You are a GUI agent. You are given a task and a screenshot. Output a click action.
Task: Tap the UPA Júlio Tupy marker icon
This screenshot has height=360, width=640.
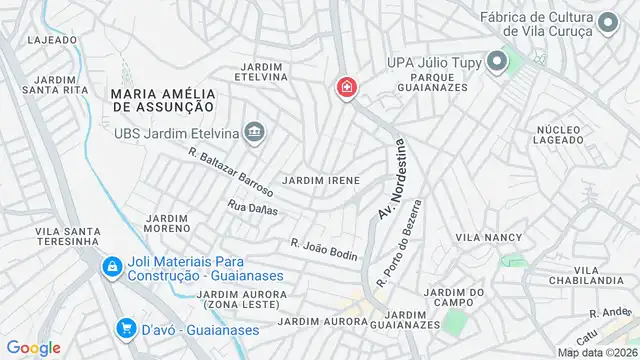pos(495,61)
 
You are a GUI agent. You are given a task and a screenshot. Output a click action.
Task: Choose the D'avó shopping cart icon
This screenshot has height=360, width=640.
pos(127,328)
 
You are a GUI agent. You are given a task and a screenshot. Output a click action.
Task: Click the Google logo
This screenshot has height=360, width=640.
pos(34,347)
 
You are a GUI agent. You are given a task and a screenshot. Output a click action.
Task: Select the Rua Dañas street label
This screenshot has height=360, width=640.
pos(252,208)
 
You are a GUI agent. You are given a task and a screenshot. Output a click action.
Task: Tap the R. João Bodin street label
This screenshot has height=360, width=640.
pos(324,249)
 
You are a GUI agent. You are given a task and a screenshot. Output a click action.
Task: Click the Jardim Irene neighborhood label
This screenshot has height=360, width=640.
pos(321,180)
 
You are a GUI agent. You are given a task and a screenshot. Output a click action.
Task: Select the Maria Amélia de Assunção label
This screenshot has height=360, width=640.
pos(157,98)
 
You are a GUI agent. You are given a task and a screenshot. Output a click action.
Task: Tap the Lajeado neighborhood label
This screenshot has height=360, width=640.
pos(53,40)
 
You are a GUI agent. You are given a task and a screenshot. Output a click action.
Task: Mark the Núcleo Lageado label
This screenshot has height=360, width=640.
pos(558,136)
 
